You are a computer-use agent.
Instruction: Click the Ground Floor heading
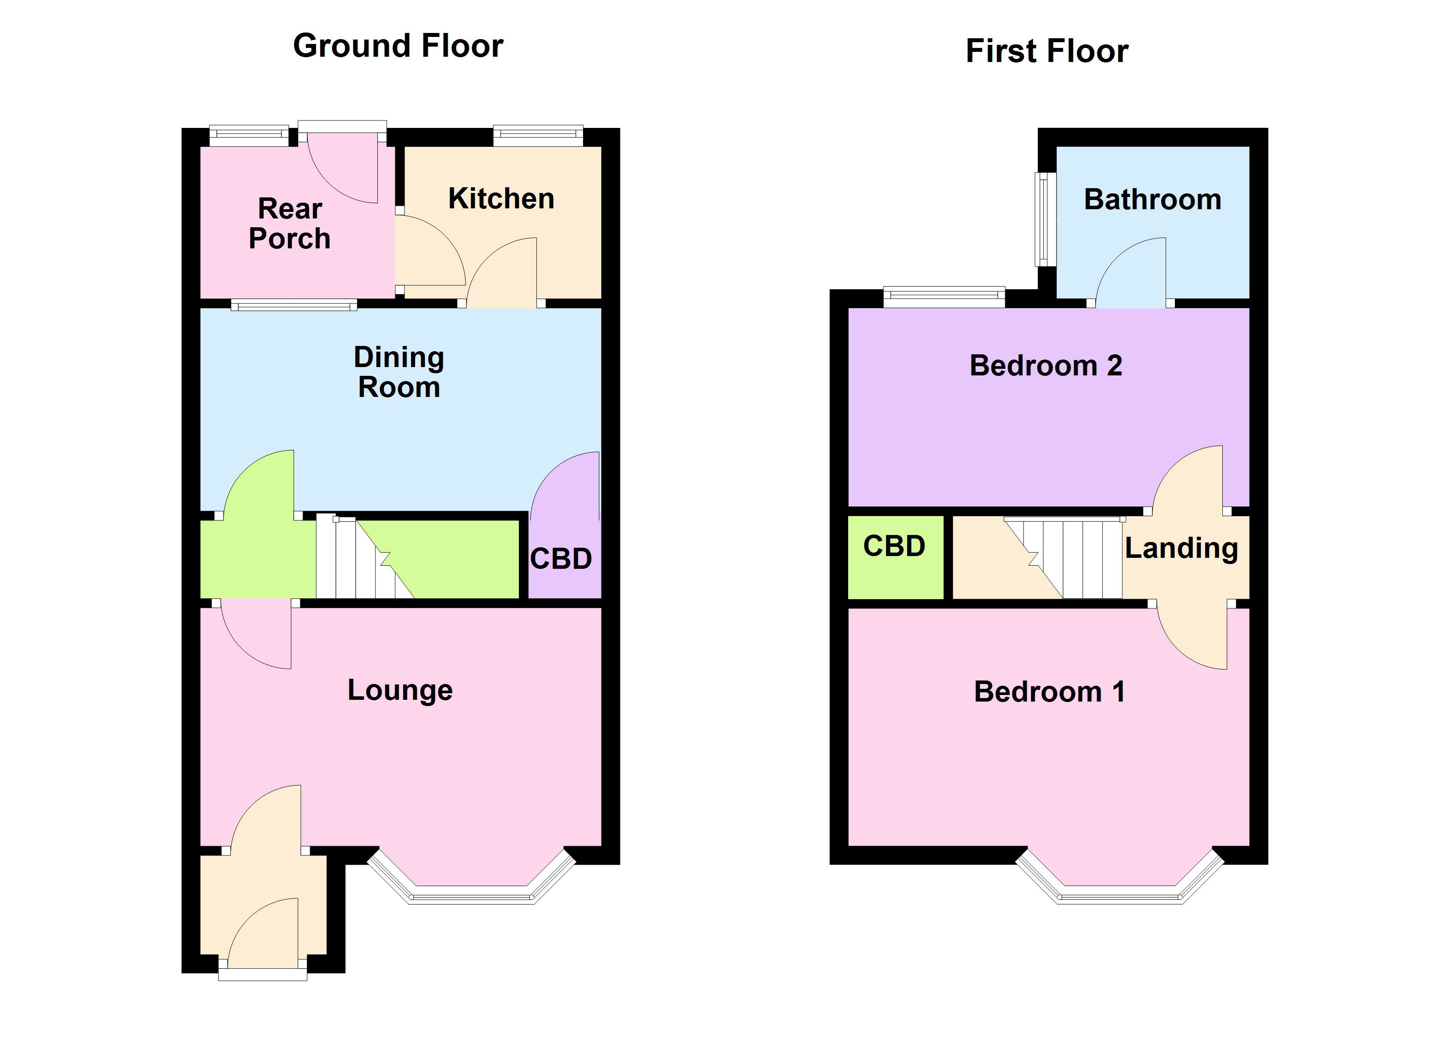click(x=398, y=46)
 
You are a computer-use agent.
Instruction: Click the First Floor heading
click(x=1046, y=51)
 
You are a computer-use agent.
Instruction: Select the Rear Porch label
click(x=290, y=223)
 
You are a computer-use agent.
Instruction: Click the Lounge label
click(x=400, y=690)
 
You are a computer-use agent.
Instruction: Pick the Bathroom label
click(x=1152, y=200)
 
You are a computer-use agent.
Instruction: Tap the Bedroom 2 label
click(x=1046, y=365)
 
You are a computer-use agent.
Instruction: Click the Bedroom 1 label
click(x=1049, y=691)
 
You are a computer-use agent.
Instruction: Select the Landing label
click(x=1181, y=548)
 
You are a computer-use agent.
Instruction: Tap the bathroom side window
click(x=1044, y=219)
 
